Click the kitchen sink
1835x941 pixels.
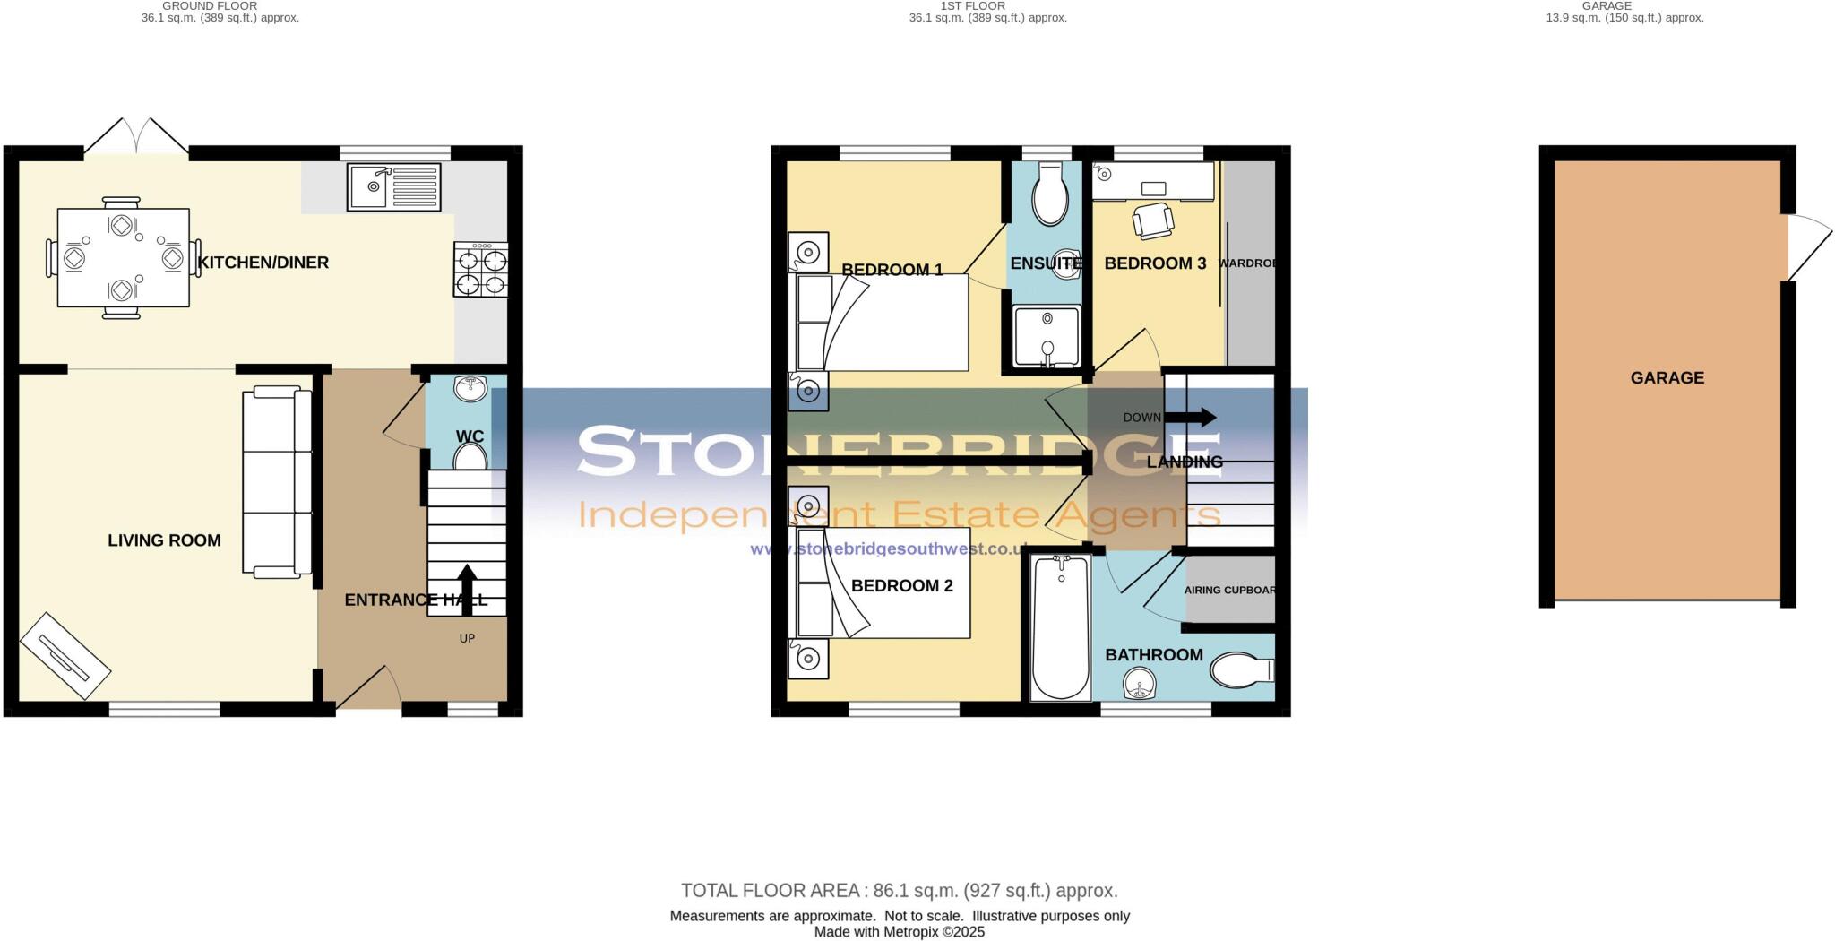pos(393,187)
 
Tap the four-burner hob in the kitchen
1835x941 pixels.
pos(481,270)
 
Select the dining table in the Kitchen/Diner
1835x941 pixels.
pos(123,258)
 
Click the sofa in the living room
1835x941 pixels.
pos(277,481)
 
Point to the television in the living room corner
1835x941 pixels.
pos(65,656)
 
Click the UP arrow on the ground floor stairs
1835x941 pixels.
pos(467,590)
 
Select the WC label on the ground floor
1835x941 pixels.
pos(470,436)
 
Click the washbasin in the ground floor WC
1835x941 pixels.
pos(470,388)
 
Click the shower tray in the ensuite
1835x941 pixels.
pos(1047,336)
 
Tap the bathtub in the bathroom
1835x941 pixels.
pos(1061,627)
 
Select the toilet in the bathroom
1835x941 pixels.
pos(1241,669)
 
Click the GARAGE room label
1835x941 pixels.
pos(1667,378)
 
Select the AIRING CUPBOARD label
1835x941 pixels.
pos(1229,591)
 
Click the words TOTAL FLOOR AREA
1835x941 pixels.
pos(771,891)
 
